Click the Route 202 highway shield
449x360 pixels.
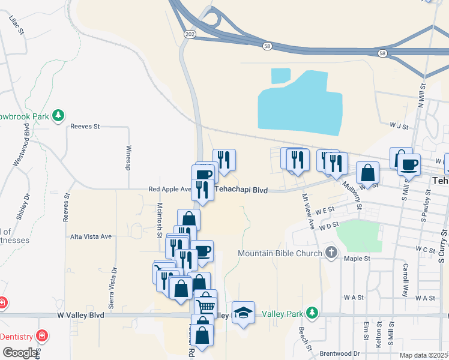click(x=190, y=35)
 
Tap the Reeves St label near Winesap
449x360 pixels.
click(x=85, y=127)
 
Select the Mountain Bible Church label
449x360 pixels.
click(x=280, y=253)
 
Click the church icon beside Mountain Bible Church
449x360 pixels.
click(x=331, y=253)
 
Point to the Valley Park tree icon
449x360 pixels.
click(x=311, y=313)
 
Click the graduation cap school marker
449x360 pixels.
click(x=243, y=312)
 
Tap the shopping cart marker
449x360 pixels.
click(x=206, y=305)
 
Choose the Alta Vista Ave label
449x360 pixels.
click(x=91, y=236)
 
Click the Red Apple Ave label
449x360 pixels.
click(x=169, y=190)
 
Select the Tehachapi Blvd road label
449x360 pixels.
click(x=241, y=190)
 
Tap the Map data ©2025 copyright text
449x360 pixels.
click(x=424, y=355)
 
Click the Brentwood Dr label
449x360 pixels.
click(x=340, y=353)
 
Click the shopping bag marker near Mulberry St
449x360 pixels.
click(x=367, y=173)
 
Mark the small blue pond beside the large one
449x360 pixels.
click(x=280, y=76)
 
